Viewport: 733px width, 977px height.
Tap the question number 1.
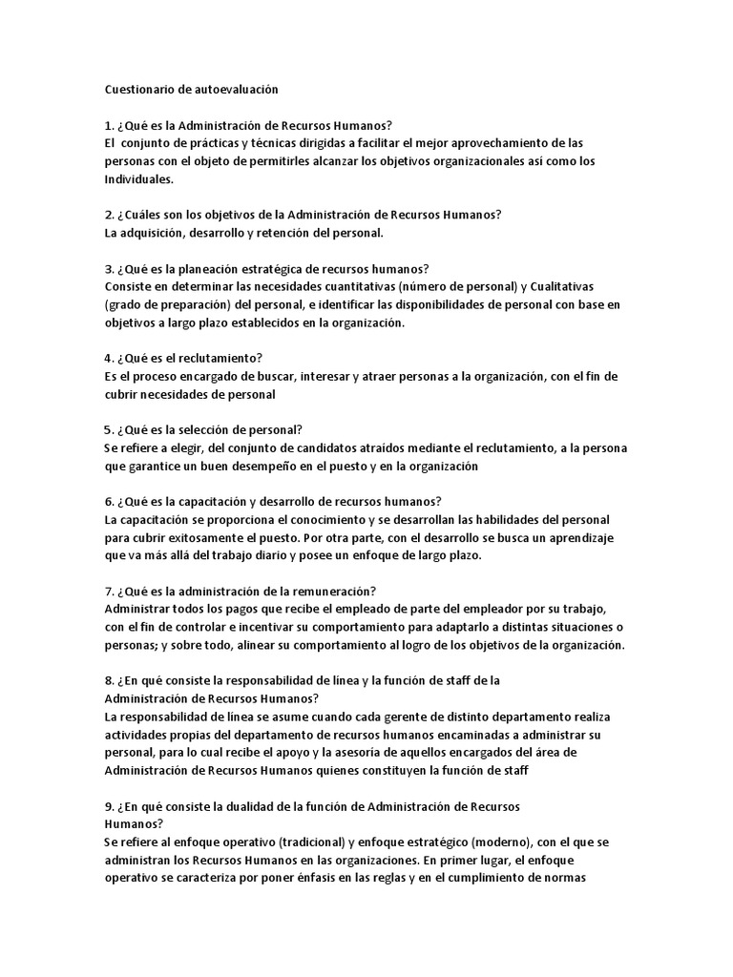108,125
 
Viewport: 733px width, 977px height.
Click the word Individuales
138,178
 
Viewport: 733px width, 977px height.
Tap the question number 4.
108,358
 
